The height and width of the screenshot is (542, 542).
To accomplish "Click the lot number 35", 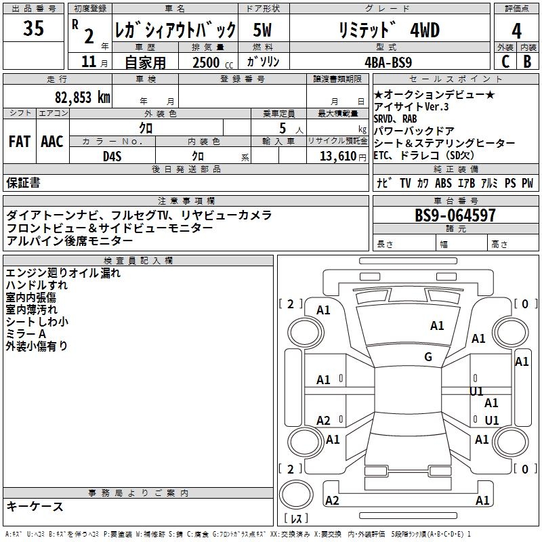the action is pyautogui.click(x=33, y=29).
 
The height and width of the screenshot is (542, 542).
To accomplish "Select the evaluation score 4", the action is pyautogui.click(x=516, y=30).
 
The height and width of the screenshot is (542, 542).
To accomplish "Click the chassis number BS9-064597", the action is pyautogui.click(x=455, y=215).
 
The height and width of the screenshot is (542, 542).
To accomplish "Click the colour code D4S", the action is pyautogui.click(x=112, y=156).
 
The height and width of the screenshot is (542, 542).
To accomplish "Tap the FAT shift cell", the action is pyautogui.click(x=19, y=142).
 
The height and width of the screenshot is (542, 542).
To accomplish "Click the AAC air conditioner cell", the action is pyautogui.click(x=52, y=142).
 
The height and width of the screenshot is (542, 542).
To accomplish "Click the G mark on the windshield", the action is pyautogui.click(x=428, y=357).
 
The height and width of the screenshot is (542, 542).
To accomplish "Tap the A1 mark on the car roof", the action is pyautogui.click(x=437, y=326).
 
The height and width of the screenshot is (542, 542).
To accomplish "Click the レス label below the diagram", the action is pyautogui.click(x=296, y=520).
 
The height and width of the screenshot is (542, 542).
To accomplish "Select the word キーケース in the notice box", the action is pyautogui.click(x=35, y=506).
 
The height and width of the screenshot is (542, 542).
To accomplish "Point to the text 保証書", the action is pyautogui.click(x=23, y=182).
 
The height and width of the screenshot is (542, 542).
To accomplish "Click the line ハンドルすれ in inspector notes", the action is pyautogui.click(x=37, y=285).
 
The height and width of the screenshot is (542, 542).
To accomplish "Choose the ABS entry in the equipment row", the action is pyautogui.click(x=444, y=183).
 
